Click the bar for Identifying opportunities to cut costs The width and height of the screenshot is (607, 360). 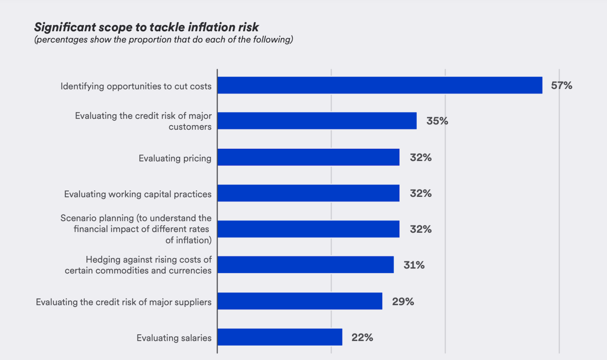[380, 85]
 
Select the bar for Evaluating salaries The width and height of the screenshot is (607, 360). [280, 337]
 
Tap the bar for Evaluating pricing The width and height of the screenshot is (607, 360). [308, 157]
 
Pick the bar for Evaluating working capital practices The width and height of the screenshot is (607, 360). [308, 193]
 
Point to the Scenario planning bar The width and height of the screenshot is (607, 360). [308, 229]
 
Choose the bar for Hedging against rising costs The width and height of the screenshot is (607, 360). [305, 265]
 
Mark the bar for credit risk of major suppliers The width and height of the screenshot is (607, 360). [300, 301]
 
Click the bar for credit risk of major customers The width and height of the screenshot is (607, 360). [317, 121]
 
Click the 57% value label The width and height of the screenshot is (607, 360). [561, 86]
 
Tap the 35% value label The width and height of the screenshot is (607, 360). [437, 121]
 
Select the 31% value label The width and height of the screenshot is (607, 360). [414, 265]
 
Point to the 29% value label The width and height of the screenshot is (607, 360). [403, 301]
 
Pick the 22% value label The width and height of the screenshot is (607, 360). [362, 337]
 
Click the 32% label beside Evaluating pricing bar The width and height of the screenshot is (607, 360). [421, 158]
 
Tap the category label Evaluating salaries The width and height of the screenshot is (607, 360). [174, 338]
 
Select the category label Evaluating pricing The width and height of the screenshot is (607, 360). [175, 158]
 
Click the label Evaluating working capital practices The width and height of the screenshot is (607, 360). [138, 194]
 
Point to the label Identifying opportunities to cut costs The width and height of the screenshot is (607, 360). [136, 86]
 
